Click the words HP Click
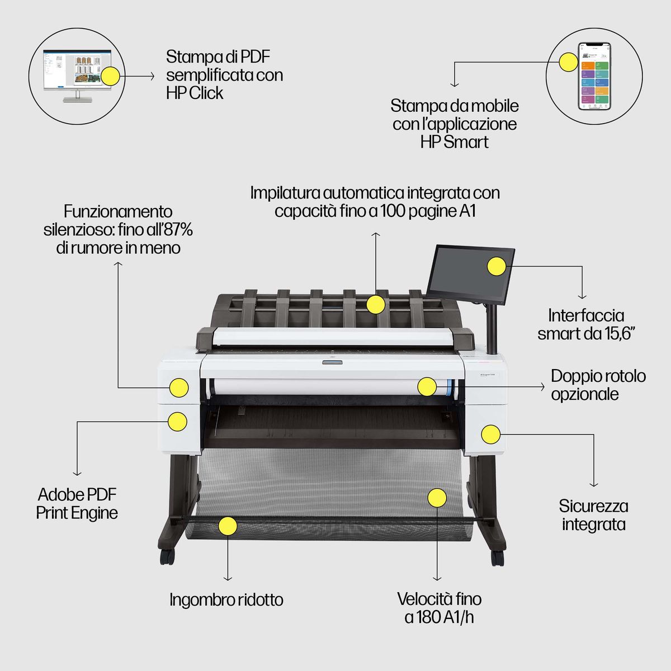(195, 93)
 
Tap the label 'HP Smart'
(454, 142)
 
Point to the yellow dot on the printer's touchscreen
(495, 266)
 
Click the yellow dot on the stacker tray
(376, 304)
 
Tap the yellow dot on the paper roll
(427, 386)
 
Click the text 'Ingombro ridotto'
(226, 600)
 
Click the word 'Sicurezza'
(593, 506)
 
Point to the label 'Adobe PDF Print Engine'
(77, 503)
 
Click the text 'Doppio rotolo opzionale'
(598, 385)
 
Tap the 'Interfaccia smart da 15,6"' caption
(586, 324)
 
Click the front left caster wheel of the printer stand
(167, 556)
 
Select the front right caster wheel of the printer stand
(497, 557)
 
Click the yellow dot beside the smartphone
(569, 62)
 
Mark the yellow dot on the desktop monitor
(110, 76)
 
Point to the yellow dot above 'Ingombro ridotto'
(228, 526)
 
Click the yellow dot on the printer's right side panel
(490, 434)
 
